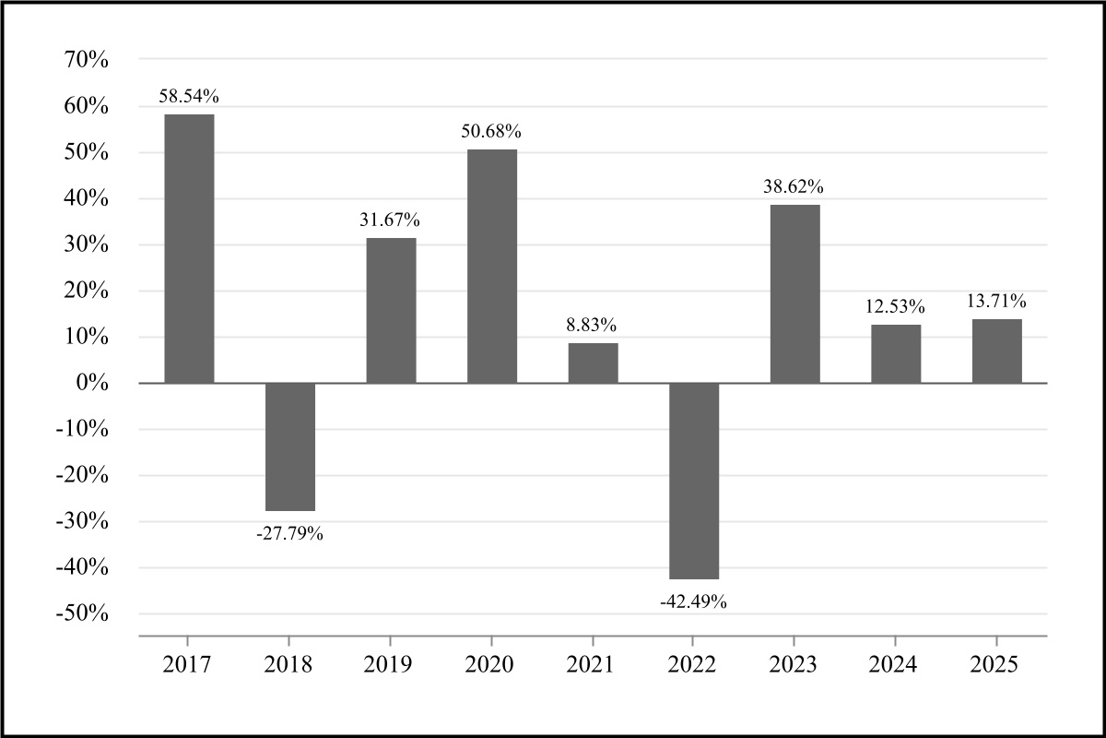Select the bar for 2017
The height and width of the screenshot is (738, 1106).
click(x=189, y=248)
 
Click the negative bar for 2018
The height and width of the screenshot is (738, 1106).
click(x=290, y=446)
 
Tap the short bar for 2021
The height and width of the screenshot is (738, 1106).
click(x=593, y=363)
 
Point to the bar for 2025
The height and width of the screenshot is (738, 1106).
click(x=996, y=351)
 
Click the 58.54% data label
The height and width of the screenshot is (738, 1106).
click(x=188, y=96)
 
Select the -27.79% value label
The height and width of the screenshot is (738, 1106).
click(x=289, y=533)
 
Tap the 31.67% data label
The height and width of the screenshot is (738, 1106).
click(x=390, y=220)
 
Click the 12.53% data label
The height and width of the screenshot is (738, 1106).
click(x=895, y=306)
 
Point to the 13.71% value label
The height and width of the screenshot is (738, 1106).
click(x=995, y=301)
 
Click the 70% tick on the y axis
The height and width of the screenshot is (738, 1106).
click(x=88, y=61)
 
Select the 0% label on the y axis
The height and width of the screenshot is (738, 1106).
click(x=94, y=383)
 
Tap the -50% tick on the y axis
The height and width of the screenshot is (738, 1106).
click(x=84, y=614)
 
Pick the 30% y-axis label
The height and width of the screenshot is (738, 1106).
click(x=88, y=245)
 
